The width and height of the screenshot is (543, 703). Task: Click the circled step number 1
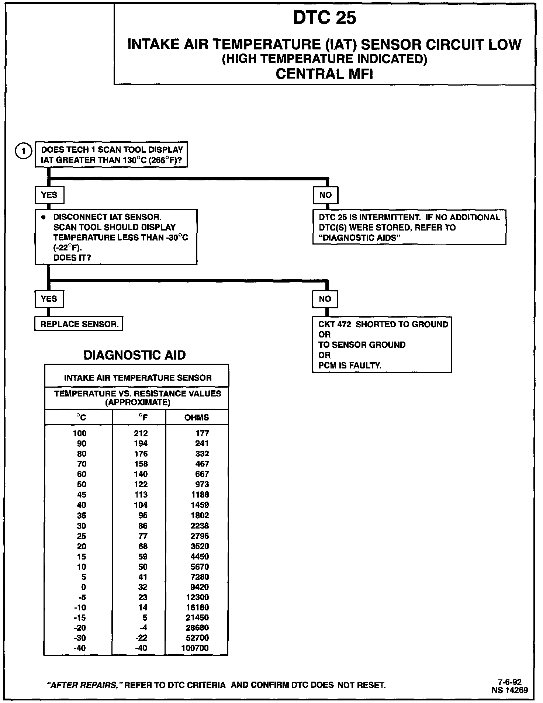24,151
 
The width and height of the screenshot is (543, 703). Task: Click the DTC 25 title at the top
325,18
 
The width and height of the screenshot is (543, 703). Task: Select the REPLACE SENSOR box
79,324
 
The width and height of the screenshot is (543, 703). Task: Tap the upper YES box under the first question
49,195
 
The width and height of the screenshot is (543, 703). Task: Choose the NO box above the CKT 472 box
325,299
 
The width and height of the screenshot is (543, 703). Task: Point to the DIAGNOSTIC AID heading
135,355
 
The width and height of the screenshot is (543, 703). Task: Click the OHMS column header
197,418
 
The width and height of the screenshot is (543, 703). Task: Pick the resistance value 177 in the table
202,433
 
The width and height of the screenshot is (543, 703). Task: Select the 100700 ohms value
195,648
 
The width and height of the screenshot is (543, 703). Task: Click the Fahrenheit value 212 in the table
141,433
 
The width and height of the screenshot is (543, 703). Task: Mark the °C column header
81,418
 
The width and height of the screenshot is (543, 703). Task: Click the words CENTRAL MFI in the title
324,74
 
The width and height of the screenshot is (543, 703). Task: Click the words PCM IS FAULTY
350,366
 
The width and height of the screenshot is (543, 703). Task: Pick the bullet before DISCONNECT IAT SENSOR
43,217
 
